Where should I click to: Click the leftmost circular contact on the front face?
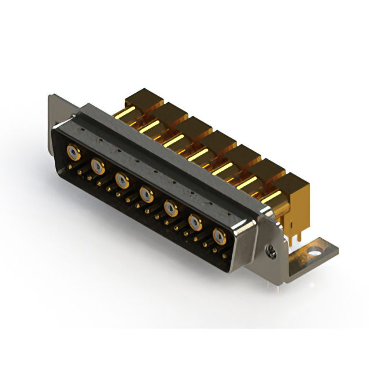coord(73,153)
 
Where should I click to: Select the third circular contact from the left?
coord(122,181)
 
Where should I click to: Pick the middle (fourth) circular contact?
coord(146,195)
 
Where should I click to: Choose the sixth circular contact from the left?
coord(195,221)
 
